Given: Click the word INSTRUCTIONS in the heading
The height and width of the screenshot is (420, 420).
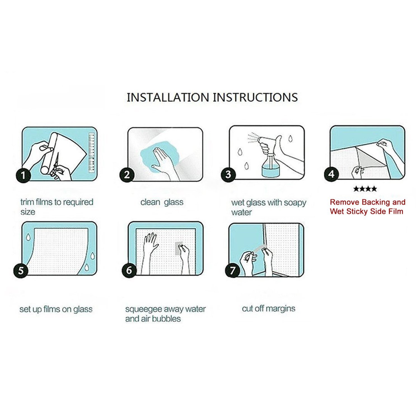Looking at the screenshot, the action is tap(255, 97).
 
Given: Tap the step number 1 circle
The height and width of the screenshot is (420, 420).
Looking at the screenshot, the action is tap(23, 176).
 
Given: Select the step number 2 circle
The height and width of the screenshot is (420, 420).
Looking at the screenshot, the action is tap(127, 175).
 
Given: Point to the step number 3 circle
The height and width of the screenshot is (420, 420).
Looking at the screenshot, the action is tap(228, 174).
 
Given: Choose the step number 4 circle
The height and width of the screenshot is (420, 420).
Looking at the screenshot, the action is tap(331, 174).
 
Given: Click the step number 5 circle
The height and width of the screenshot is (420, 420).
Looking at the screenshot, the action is tap(21, 270).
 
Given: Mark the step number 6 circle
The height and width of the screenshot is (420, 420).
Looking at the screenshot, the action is tap(129, 270).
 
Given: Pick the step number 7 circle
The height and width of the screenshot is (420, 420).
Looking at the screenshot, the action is tap(232, 270).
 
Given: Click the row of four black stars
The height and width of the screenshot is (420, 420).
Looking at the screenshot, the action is tap(365, 189).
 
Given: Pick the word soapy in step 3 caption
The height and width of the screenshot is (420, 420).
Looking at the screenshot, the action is tap(295, 203).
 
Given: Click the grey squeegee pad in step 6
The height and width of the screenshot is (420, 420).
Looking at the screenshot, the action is tap(179, 248).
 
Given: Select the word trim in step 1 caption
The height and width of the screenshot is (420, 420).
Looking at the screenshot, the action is tap(27, 202).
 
